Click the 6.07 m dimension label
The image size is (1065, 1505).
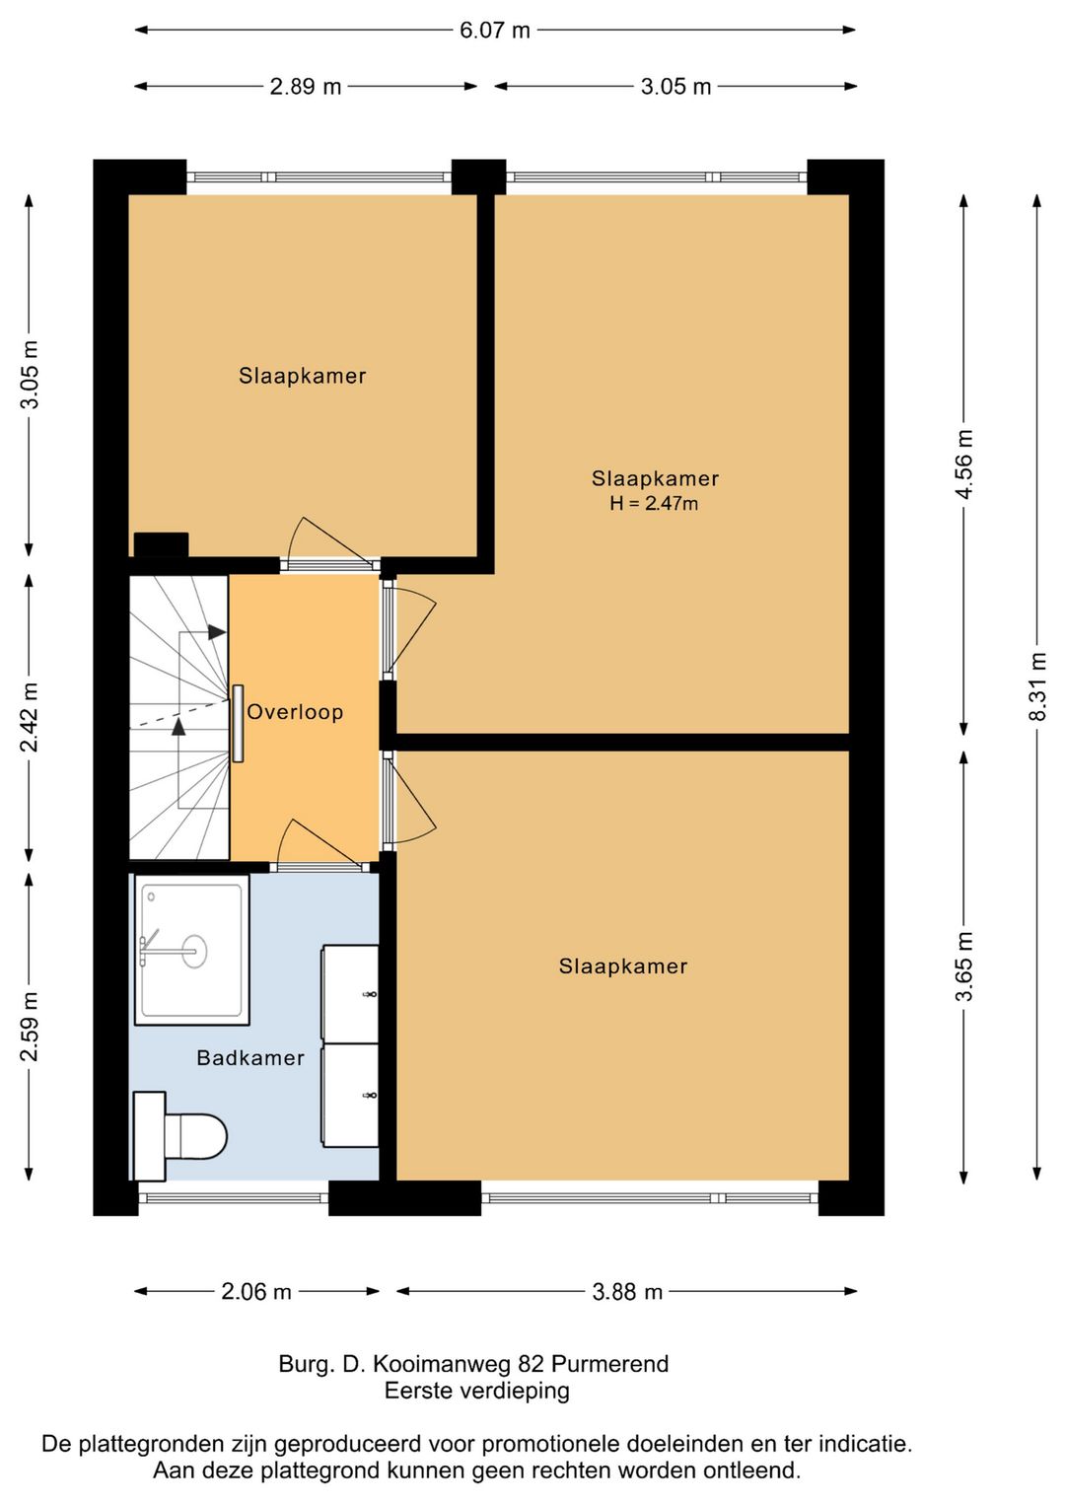tap(495, 31)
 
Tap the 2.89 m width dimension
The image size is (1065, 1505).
tap(306, 87)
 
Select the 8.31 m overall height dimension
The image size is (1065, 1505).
tap(1038, 686)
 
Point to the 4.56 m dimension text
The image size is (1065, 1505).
tap(964, 465)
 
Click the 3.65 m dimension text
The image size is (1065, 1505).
tap(964, 967)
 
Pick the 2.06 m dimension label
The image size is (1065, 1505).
tap(256, 1291)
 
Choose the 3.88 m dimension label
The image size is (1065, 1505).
tap(627, 1291)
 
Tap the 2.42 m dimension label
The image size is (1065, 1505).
tap(30, 717)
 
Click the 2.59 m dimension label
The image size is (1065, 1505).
tap(30, 1026)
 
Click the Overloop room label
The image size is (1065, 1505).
tap(295, 711)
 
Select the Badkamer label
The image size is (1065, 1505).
tap(250, 1057)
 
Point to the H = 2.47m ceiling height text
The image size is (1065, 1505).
tap(654, 503)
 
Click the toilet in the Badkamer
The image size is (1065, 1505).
tap(180, 1136)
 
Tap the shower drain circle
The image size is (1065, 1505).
tap(194, 951)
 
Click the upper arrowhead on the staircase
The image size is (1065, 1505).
tap(216, 632)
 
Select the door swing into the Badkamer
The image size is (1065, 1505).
tap(319, 843)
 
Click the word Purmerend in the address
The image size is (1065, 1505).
tap(610, 1364)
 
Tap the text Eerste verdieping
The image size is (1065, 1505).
tap(477, 1391)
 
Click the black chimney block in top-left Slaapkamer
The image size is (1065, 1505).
tap(162, 544)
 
